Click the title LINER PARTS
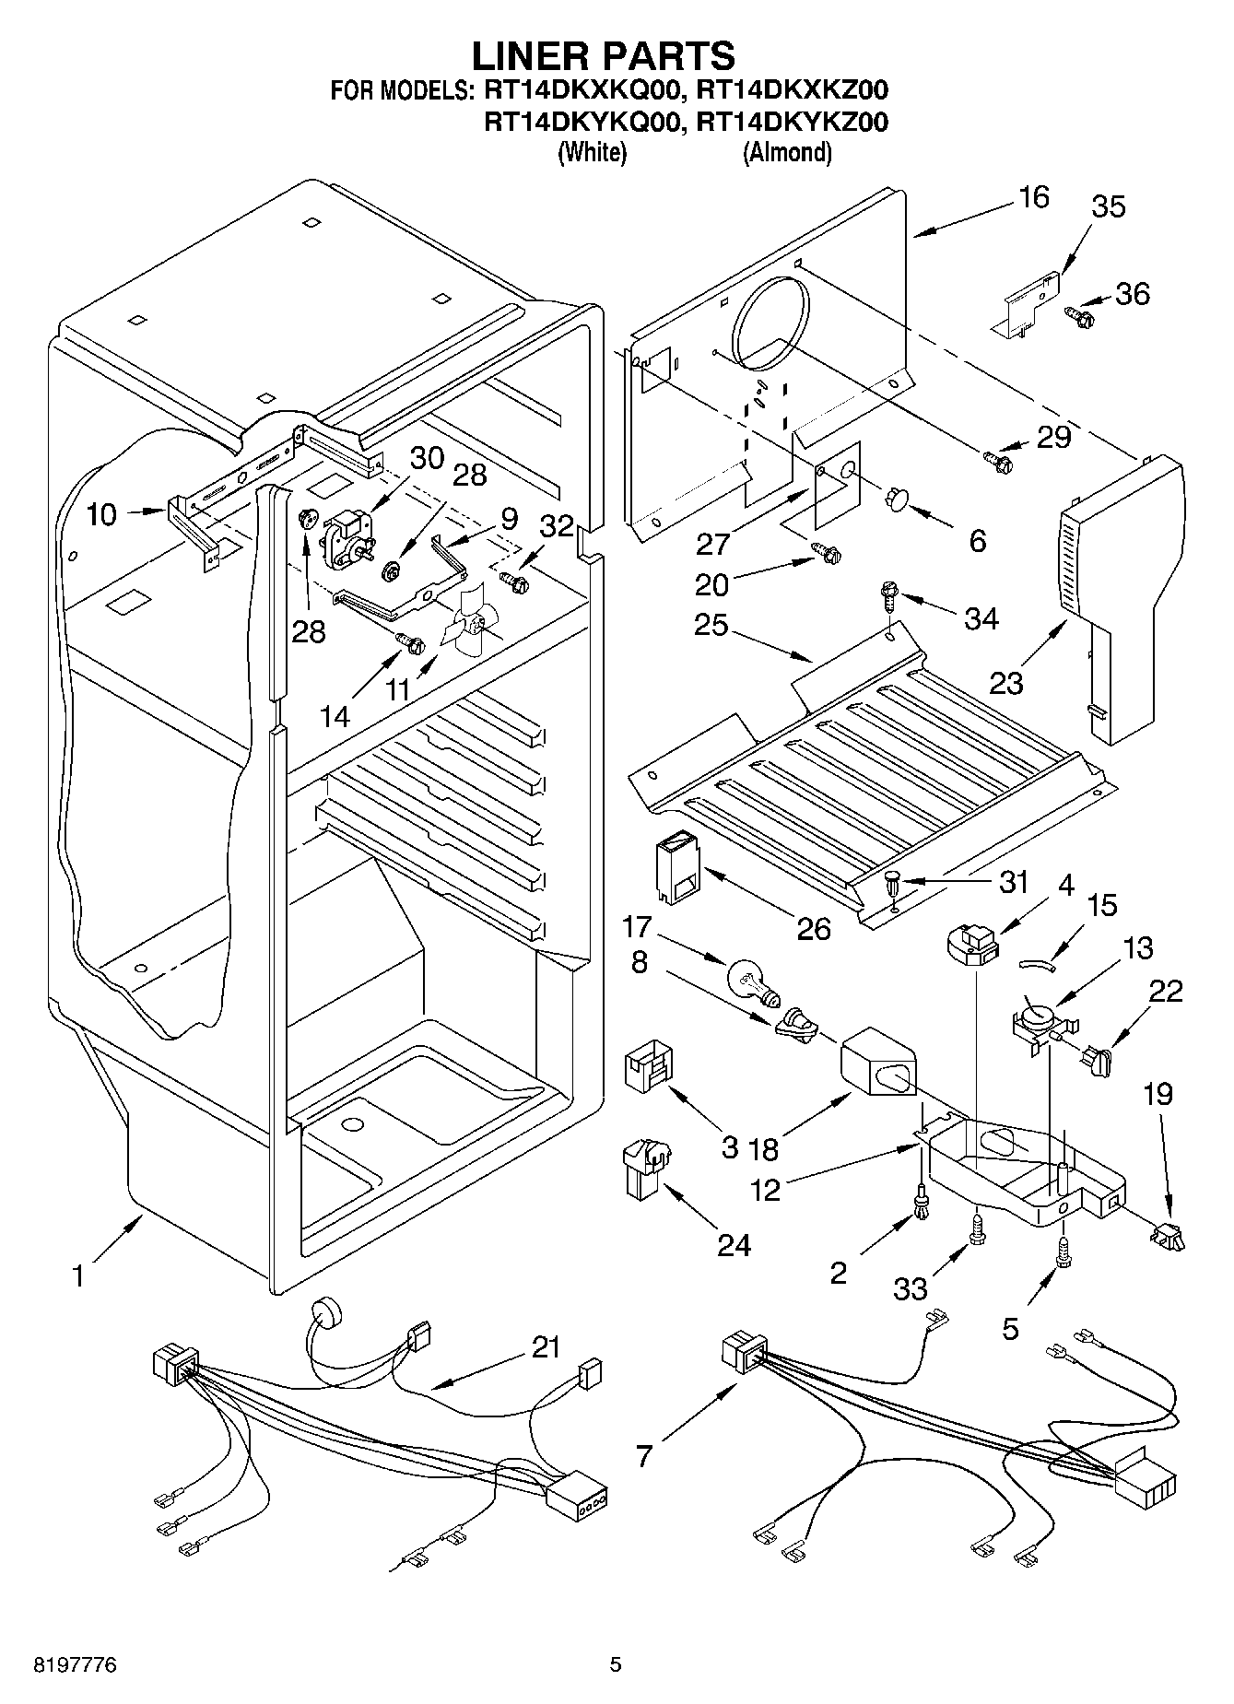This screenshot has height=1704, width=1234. (x=604, y=56)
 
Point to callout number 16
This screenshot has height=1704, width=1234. (x=1034, y=197)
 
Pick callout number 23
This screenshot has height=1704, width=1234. (x=1006, y=684)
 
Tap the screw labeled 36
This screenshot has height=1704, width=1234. (x=1079, y=317)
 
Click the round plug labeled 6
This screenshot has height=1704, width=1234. (x=894, y=499)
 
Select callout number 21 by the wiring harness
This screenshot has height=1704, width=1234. (x=546, y=1347)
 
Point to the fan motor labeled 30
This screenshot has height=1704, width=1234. (x=344, y=536)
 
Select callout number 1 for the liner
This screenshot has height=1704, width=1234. (x=79, y=1276)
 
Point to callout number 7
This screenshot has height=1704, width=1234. (x=643, y=1456)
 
